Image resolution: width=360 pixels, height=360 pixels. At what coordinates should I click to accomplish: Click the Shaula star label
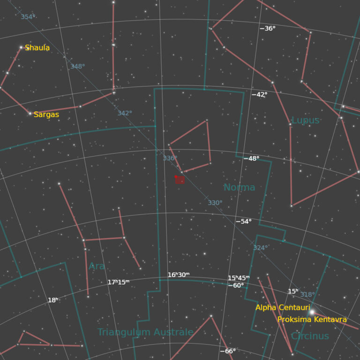(37, 48)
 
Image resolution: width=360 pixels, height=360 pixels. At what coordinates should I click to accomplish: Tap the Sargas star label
(46, 114)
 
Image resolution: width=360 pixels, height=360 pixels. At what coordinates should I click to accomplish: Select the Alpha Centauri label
(283, 307)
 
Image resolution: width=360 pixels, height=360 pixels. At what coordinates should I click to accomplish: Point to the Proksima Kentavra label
(312, 320)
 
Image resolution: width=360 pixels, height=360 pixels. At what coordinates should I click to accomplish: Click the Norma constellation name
(239, 187)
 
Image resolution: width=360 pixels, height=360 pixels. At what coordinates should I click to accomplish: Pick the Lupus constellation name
(305, 120)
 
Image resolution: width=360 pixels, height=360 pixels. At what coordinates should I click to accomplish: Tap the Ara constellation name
(97, 266)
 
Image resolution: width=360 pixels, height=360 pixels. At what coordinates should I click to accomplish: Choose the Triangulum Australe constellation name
(145, 332)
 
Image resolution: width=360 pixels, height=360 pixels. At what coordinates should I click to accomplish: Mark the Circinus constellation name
(310, 336)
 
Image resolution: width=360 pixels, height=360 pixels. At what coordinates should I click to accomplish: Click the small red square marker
(180, 180)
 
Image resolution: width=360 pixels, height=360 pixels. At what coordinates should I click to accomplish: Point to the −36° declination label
(268, 29)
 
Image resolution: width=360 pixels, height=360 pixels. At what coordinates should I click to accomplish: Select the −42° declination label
(260, 94)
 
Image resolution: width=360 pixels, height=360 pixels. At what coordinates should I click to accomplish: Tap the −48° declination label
(251, 158)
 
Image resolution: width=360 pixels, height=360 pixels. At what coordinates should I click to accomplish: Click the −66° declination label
(228, 351)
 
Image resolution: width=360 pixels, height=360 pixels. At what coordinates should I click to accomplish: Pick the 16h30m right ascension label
(179, 275)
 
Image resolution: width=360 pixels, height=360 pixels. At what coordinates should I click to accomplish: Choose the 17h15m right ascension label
(118, 282)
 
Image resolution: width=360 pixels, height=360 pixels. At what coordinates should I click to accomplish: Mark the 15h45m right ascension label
(239, 278)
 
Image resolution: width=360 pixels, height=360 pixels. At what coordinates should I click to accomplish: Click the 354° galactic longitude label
(28, 17)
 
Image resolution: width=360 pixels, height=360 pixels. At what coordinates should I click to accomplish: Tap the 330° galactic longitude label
(215, 203)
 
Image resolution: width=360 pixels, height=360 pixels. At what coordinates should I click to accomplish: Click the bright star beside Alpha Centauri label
(312, 312)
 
